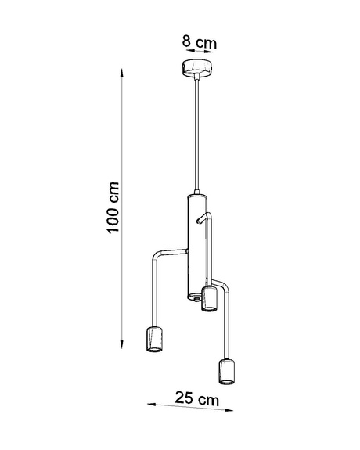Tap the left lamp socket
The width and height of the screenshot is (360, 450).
click(x=153, y=340)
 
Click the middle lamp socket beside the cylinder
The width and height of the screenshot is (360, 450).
click(x=209, y=298)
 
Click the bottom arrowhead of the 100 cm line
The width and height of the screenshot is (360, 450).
click(x=123, y=343)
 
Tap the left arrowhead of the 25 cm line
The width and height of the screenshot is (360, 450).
click(x=151, y=405)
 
